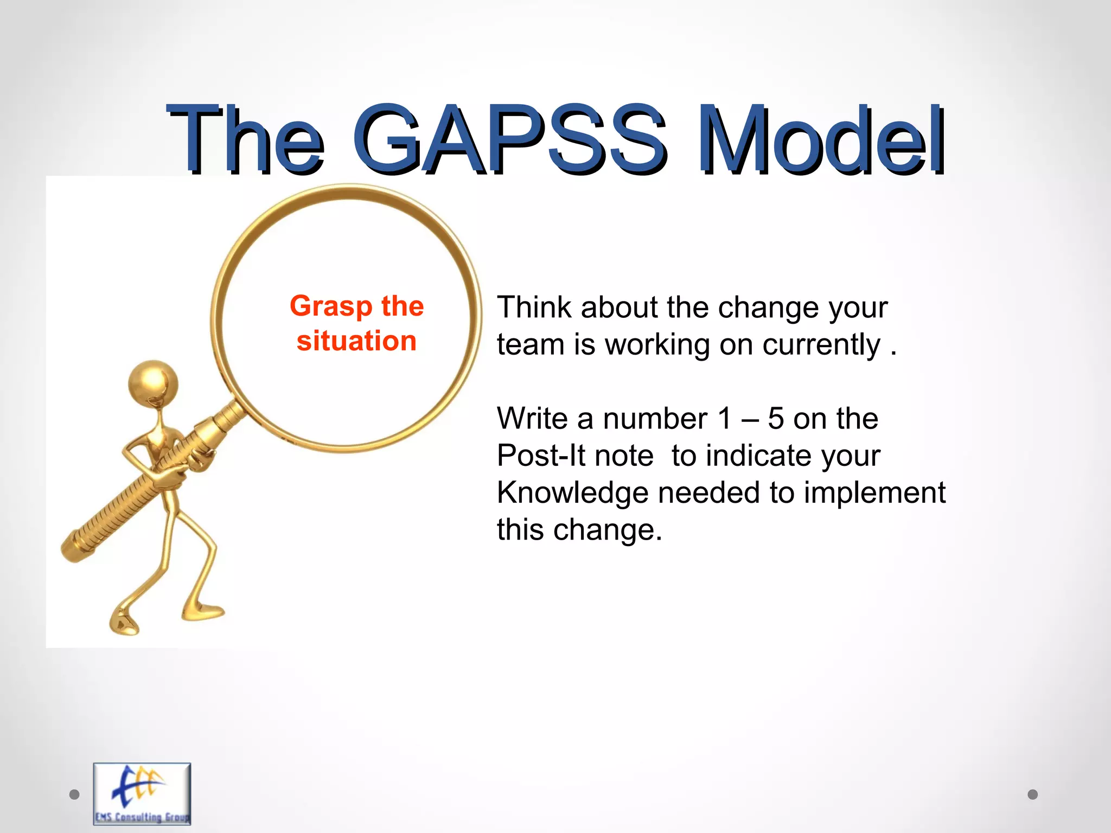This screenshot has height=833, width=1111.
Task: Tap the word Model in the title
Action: point(821,140)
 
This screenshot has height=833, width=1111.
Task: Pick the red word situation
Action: point(356,341)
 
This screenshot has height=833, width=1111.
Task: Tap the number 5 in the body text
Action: point(776,419)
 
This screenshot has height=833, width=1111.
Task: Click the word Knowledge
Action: point(572,493)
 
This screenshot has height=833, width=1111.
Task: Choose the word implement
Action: point(874,493)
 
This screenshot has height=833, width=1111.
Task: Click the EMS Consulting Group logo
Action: point(142,793)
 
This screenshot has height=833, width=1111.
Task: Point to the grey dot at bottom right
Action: point(1033,794)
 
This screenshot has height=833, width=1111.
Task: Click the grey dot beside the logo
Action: point(75,794)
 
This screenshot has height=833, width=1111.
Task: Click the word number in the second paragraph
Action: point(655,419)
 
